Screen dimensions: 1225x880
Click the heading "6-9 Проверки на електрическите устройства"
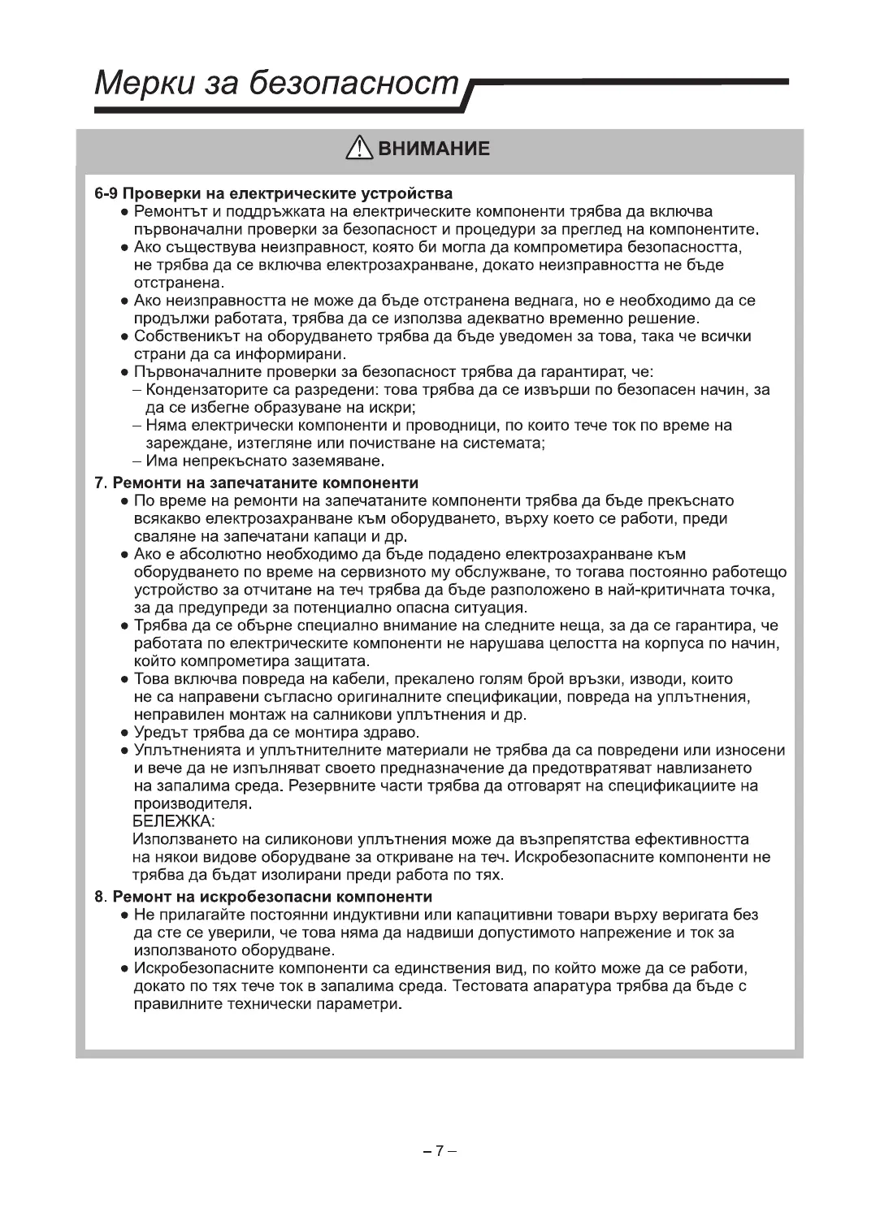point(273,194)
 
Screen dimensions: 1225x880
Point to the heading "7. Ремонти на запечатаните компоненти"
point(257,483)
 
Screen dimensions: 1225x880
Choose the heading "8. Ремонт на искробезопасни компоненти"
point(263,897)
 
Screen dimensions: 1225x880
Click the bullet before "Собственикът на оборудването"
point(125,337)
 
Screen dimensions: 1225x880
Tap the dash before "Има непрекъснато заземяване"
point(137,461)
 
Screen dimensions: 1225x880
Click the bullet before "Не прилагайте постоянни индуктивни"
point(125,916)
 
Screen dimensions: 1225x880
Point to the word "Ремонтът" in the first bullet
point(166,213)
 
